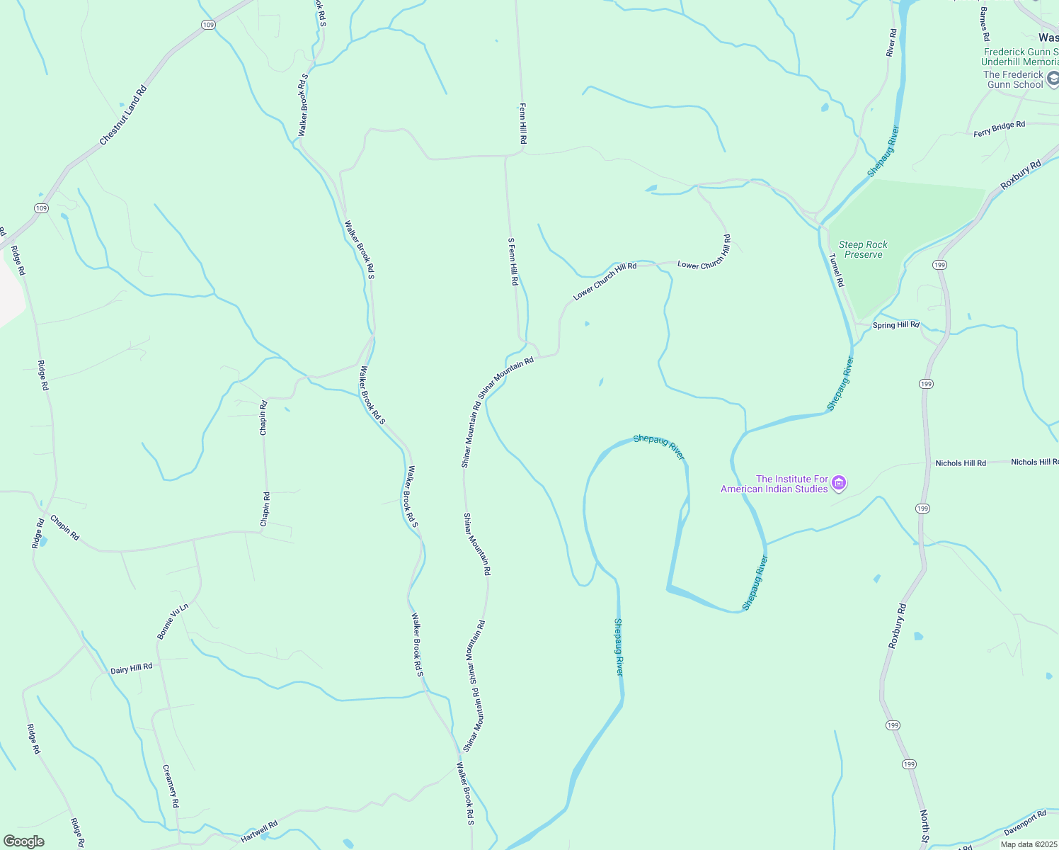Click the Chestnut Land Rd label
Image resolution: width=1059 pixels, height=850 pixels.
pos(123,116)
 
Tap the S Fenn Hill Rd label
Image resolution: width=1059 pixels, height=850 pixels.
pos(513,261)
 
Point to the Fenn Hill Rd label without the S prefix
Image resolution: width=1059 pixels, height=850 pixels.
pos(522,123)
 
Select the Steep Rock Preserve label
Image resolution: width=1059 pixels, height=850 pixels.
pos(863,249)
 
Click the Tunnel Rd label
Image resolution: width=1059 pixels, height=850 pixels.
pos(836,270)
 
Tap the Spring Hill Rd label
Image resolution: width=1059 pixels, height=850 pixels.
pos(895,325)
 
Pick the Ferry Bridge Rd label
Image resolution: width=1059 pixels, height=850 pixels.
pos(999,129)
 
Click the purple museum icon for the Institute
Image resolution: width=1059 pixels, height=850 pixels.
pos(839,484)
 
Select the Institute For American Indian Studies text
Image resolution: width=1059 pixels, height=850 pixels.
pos(774,484)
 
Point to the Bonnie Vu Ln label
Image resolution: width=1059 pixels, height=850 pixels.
pos(173,621)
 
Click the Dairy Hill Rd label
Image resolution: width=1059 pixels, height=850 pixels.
pos(131,668)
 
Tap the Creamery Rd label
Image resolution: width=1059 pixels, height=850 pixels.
pos(171,786)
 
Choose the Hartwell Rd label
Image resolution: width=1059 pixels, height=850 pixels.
pos(258,832)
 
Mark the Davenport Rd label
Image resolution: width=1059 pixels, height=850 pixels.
pos(1024,823)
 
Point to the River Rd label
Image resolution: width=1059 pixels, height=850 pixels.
pos(891,42)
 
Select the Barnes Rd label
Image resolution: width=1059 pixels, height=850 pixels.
pos(985,24)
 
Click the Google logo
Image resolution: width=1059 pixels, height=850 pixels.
pos(24,841)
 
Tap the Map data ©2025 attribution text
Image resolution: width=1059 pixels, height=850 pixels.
pos(1029,844)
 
